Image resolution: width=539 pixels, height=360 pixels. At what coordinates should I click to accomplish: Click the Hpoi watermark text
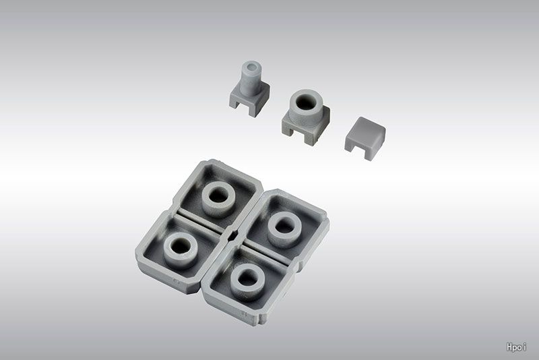516,347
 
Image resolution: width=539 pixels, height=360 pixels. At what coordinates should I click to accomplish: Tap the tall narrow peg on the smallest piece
251,78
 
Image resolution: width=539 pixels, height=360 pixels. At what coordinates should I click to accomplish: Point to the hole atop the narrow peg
251,65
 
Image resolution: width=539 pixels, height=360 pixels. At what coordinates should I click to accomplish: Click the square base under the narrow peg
249,98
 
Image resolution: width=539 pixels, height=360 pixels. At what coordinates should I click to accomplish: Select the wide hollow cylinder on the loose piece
306,107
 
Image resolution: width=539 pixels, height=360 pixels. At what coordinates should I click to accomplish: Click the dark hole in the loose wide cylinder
305,102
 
